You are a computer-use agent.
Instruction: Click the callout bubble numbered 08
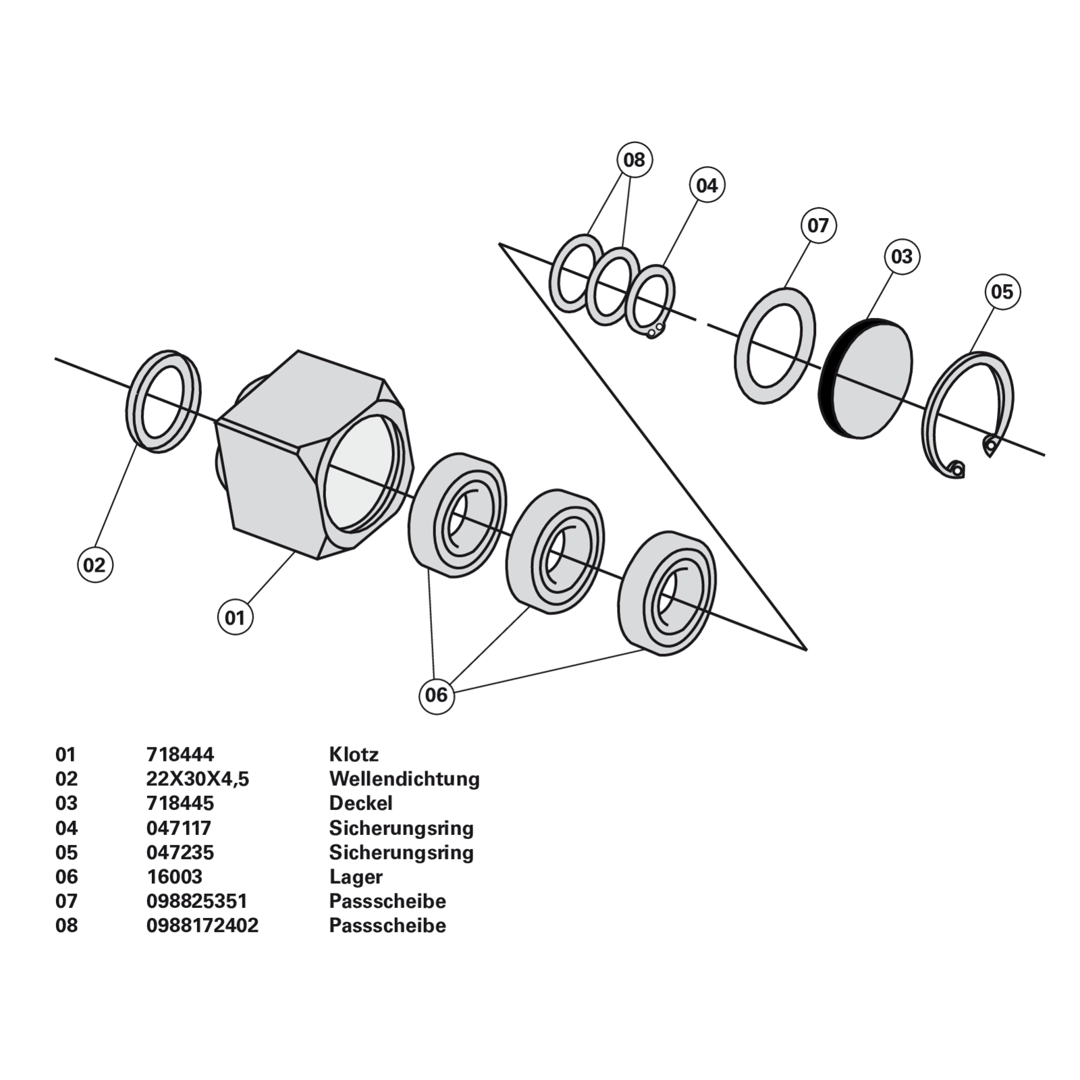(x=634, y=160)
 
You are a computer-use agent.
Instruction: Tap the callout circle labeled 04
(x=707, y=185)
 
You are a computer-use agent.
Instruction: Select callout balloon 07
(x=818, y=225)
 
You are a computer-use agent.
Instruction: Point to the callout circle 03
(x=902, y=256)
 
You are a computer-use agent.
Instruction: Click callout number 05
(x=1002, y=292)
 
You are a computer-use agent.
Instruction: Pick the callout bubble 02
(x=94, y=564)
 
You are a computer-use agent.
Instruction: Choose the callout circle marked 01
(x=235, y=617)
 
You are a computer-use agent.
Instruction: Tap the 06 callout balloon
(x=437, y=695)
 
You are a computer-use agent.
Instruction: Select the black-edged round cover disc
(x=871, y=378)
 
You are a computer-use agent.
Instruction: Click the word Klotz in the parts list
(x=354, y=754)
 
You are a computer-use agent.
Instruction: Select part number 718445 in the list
(x=180, y=803)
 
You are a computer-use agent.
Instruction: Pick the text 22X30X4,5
(x=198, y=779)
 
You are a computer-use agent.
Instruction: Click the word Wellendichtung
(x=404, y=779)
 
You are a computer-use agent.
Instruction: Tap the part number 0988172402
(x=202, y=925)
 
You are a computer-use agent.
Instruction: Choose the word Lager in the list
(x=356, y=877)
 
